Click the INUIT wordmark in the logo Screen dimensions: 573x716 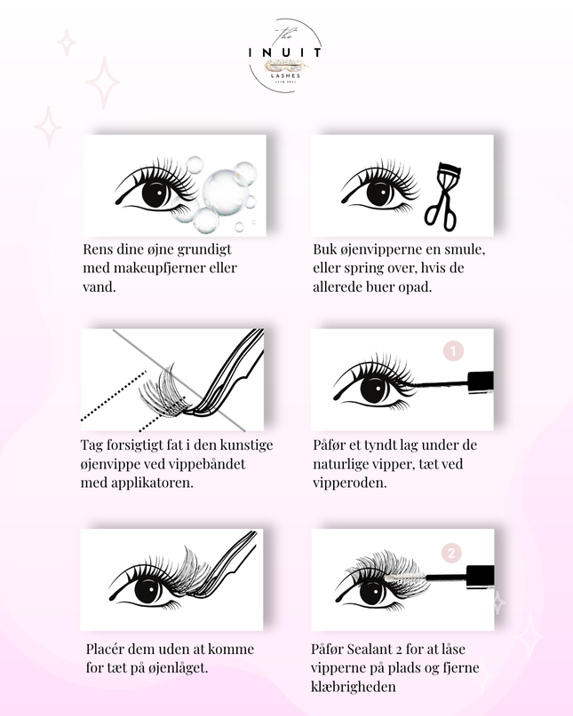[284, 52]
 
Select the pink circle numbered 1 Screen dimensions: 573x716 [453, 351]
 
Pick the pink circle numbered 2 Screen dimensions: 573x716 [451, 553]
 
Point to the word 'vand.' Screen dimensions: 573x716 [99, 287]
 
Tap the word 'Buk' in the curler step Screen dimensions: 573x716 [324, 249]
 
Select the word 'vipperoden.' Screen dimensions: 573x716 [350, 484]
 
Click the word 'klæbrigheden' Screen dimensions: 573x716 [353, 687]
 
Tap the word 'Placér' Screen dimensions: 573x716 [105, 649]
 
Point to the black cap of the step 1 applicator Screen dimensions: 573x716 [481, 381]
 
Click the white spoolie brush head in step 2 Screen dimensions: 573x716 [405, 578]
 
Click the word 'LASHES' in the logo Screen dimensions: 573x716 [285, 75]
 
